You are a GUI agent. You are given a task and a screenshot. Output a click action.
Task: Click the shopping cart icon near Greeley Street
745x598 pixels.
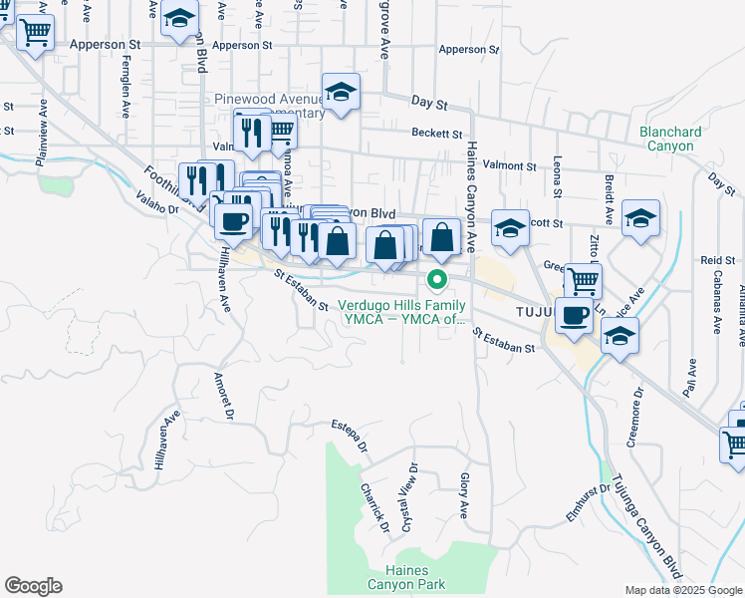pos(583,281)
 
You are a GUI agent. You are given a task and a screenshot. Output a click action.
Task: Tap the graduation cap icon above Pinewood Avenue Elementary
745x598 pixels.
pos(341,92)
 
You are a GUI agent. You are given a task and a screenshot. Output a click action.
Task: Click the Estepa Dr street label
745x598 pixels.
pos(350,437)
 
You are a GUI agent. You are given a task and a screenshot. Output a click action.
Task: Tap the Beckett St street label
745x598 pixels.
pos(439,134)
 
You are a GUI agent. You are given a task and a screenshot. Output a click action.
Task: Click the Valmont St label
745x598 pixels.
pos(510,165)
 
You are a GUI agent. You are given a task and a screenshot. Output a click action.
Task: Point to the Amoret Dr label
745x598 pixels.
pos(223,397)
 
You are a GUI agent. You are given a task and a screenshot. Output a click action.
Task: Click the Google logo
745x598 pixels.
pos(32,586)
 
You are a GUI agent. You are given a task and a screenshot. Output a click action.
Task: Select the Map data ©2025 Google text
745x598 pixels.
pos(682,590)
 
